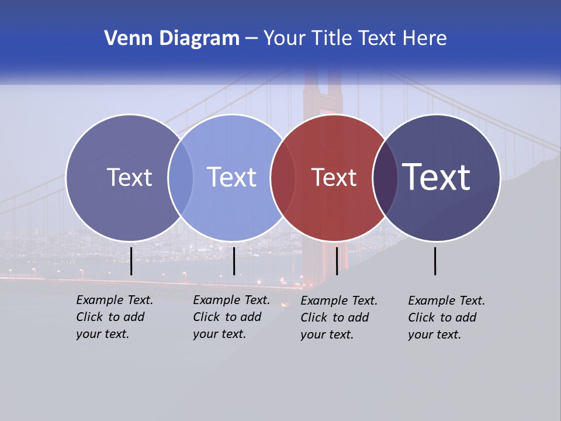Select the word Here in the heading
coord(424,39)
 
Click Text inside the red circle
coord(334,178)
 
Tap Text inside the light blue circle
coord(231,177)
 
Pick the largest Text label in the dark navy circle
coord(437,177)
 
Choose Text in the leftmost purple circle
coord(129,177)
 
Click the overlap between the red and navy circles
coord(385,178)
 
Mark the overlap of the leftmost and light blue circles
coord(181,178)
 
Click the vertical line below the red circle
coord(337,261)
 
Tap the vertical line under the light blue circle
coord(234,261)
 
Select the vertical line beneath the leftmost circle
coord(131,261)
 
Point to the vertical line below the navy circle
coord(435,261)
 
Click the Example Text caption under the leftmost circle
coord(114,317)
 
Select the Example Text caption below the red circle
coord(338,318)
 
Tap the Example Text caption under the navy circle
coord(446,318)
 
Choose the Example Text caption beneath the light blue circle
coord(231,317)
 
